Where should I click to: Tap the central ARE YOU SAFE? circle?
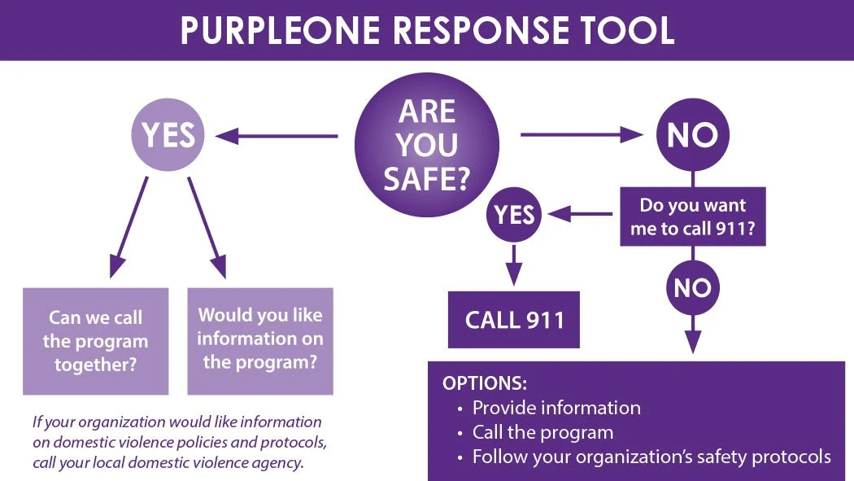(x=427, y=146)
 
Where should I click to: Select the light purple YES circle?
(x=168, y=136)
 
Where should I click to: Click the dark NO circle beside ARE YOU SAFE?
(x=692, y=136)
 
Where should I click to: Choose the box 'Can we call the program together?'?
(x=96, y=340)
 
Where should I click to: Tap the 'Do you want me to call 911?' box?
(x=694, y=217)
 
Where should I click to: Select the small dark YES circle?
(x=514, y=215)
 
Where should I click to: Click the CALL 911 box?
(x=514, y=320)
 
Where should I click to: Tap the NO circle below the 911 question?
(x=692, y=287)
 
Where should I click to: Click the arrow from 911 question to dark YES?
(x=580, y=215)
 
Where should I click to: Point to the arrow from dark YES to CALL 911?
(x=514, y=265)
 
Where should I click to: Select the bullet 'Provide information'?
(x=556, y=408)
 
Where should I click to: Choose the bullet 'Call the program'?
(x=542, y=432)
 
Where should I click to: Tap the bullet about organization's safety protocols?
(x=651, y=457)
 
